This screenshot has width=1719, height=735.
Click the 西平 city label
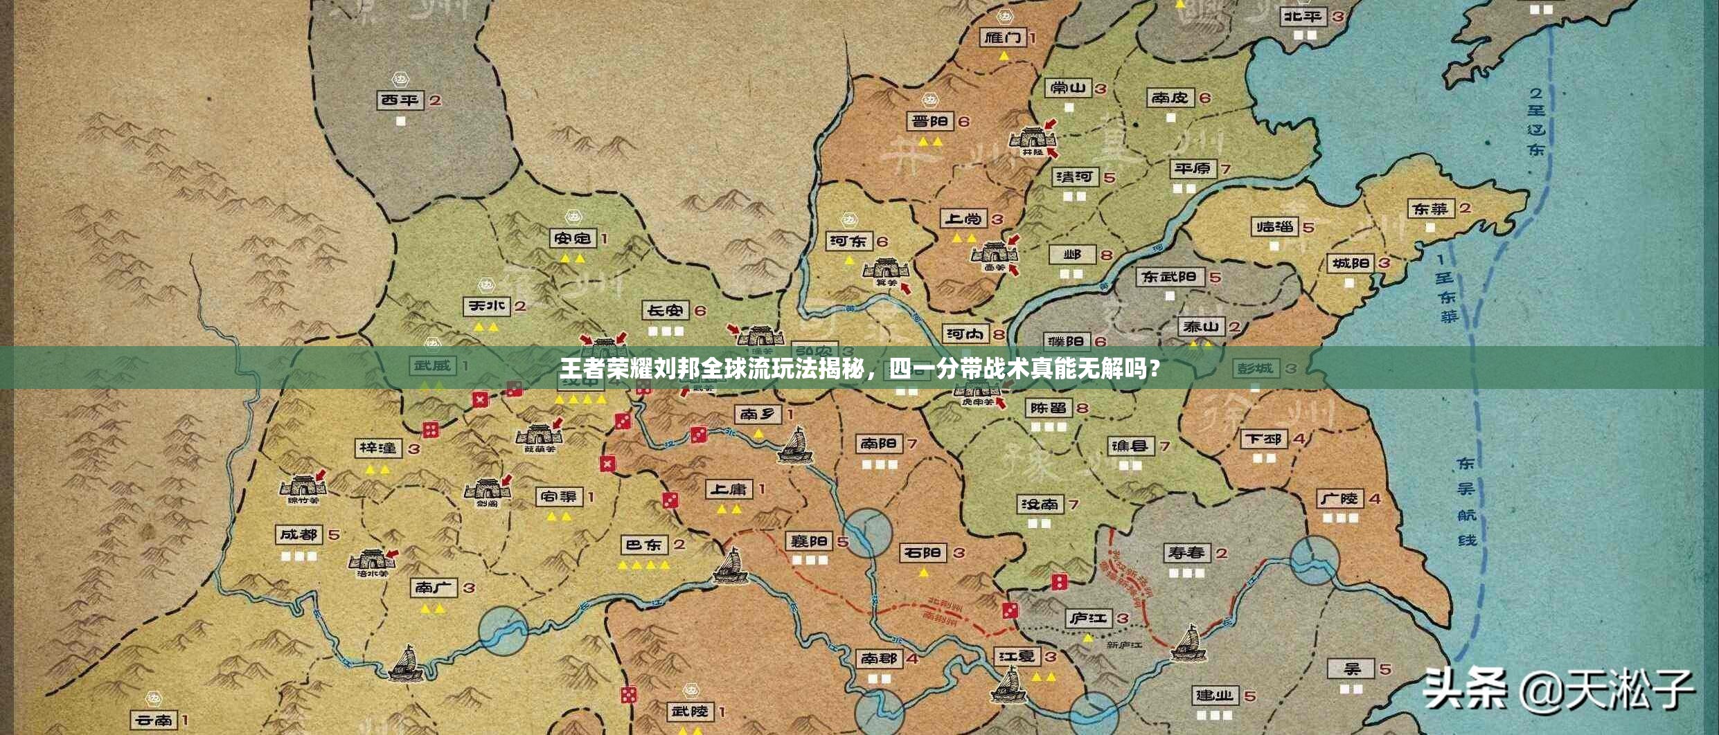400,100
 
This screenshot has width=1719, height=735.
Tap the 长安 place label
665,311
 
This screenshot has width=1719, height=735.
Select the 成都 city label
299,535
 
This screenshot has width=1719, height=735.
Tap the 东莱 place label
1431,208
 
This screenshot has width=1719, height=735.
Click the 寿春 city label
1186,553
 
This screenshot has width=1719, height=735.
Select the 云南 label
154,720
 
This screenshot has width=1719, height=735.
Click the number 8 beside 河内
999,335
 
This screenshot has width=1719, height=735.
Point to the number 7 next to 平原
1225,169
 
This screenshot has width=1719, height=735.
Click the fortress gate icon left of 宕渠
488,490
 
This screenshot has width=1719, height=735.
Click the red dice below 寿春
1059,581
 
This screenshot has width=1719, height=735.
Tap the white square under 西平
400,121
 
